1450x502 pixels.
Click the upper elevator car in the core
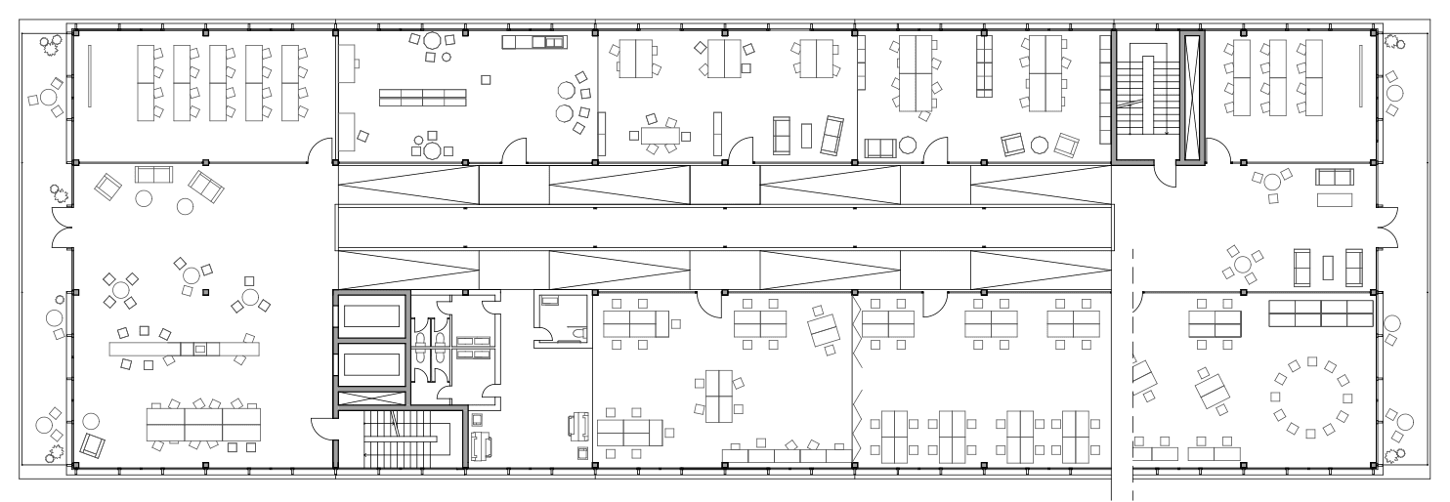pyautogui.click(x=371, y=317)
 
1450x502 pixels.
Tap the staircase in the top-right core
pyautogui.click(x=1145, y=93)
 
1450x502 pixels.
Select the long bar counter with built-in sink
pyautogui.click(x=185, y=348)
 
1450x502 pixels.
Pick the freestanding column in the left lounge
pyautogui.click(x=205, y=291)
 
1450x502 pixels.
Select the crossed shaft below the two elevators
pyautogui.click(x=371, y=398)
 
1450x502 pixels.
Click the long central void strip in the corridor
pyautogui.click(x=723, y=228)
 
